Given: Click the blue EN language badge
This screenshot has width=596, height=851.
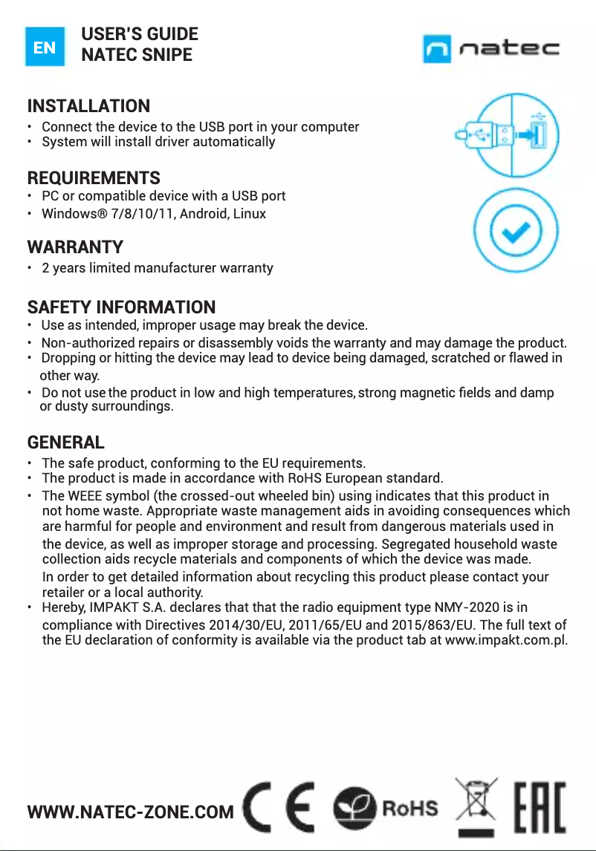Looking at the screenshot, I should coord(45,46).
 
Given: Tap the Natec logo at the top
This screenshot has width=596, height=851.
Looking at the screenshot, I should coord(491,49).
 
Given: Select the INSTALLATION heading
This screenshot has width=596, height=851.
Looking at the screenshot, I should coord(88,106).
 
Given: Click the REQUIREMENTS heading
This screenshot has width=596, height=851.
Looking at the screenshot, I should coord(94,178).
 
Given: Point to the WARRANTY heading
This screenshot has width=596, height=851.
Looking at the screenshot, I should coord(75,247).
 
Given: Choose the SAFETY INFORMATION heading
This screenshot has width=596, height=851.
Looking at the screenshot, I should coord(121,307).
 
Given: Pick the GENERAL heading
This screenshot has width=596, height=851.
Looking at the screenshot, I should coord(65,443).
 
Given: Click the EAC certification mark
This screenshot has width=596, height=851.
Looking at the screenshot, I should coord(540,806).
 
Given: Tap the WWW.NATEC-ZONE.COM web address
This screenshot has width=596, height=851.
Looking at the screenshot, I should coord(130,812).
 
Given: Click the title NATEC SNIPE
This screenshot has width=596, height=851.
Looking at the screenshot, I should coord(136,55).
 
